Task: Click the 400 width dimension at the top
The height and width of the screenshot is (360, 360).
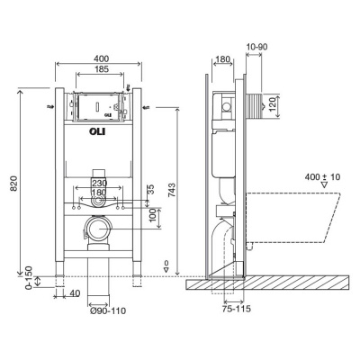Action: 101,58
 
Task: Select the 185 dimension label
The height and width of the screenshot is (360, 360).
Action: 101,69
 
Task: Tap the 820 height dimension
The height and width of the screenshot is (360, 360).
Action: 14,184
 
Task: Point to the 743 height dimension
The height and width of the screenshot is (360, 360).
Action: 172,190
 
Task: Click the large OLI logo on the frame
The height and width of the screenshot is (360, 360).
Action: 98,131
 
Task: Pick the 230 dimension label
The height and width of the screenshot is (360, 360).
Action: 100,183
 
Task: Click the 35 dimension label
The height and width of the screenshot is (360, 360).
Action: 151,189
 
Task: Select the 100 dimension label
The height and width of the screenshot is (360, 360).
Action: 153,216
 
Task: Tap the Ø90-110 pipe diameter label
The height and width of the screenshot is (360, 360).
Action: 108,311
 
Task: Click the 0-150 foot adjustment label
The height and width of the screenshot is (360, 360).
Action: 29,278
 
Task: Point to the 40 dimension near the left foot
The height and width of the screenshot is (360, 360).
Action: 76,293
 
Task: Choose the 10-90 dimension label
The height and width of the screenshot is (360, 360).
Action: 256,47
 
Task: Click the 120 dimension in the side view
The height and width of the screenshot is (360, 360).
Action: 273,103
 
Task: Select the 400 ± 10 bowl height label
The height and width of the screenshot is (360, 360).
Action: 322,177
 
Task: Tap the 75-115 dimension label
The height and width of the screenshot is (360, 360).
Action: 237,309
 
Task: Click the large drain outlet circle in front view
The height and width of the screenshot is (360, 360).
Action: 98,229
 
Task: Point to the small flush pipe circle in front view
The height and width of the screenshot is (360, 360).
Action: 98,202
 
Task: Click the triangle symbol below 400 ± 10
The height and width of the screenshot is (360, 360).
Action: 325,184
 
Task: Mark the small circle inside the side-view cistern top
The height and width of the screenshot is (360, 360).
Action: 227,106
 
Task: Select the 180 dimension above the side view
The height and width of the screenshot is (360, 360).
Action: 222,59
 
